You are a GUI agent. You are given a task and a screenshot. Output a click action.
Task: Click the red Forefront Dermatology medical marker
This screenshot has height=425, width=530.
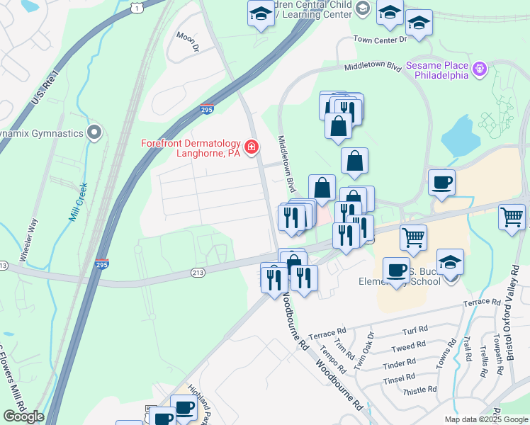(250, 147)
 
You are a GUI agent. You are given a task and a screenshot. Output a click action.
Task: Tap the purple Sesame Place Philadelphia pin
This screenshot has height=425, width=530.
(480, 69)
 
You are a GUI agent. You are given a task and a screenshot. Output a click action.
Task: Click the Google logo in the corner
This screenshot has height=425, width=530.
(23, 416)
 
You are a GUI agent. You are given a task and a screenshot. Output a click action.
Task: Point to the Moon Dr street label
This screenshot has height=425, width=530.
(188, 42)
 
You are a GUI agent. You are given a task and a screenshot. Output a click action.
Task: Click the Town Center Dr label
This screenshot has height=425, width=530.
(380, 40)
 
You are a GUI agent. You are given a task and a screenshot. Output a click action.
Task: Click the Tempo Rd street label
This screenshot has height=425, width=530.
(332, 358)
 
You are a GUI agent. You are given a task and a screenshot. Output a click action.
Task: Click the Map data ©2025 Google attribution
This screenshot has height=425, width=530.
(487, 419)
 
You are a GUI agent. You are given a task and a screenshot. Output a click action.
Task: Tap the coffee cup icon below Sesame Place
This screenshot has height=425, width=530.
(441, 183)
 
